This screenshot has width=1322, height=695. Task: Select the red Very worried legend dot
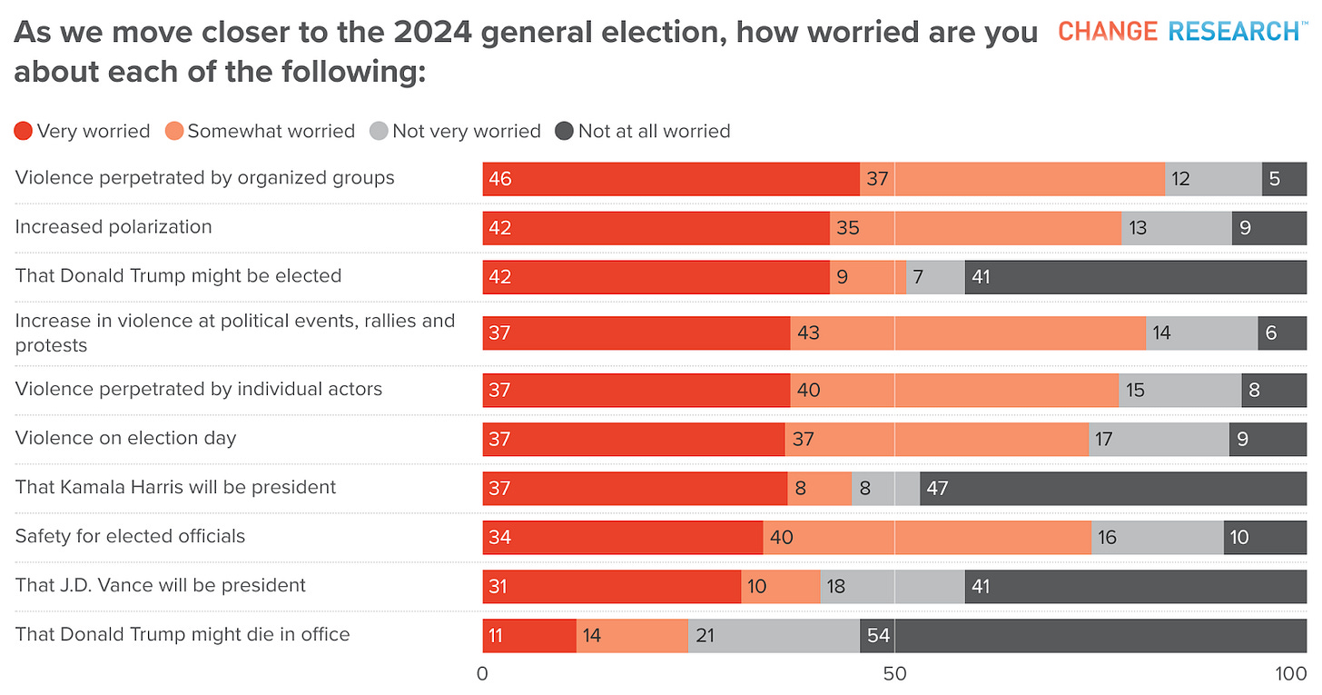click(25, 131)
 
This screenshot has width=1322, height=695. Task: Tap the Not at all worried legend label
click(654, 131)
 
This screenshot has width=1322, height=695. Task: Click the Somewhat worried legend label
click(271, 131)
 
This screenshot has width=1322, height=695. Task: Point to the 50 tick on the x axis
click(895, 674)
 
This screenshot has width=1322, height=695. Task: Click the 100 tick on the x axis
click(1289, 674)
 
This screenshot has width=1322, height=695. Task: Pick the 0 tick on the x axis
click(482, 674)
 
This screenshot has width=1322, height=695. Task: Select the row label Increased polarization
click(113, 227)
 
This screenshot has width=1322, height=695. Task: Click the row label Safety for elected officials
click(130, 536)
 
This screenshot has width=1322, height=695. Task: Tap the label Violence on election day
click(125, 438)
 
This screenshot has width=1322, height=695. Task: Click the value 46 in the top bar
click(500, 179)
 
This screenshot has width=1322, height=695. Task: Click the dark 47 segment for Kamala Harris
click(1112, 489)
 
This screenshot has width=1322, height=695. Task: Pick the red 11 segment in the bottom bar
click(529, 636)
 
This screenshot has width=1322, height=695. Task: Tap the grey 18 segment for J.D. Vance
click(892, 587)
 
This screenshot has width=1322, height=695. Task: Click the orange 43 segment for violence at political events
click(967, 333)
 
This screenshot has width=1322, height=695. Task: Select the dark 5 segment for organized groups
click(1284, 179)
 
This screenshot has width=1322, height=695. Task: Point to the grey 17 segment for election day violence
click(1159, 440)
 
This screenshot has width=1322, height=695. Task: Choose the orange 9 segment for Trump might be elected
click(867, 277)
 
